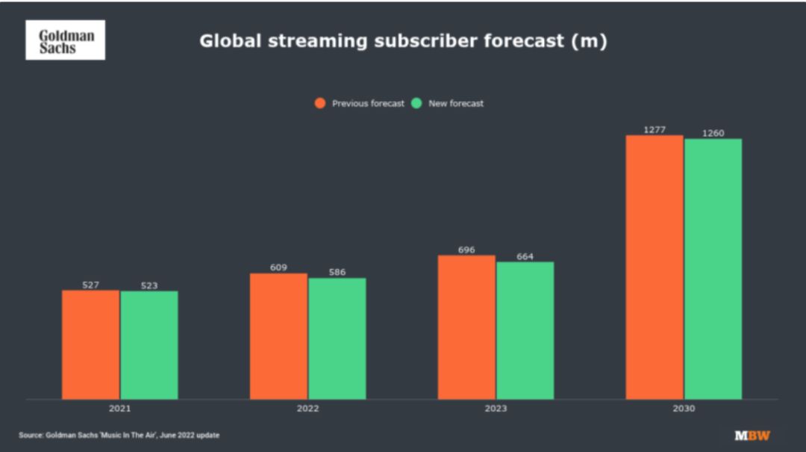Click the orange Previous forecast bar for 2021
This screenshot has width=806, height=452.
90,344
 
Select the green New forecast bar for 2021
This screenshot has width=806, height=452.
149,345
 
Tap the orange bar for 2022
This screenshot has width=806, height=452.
278,336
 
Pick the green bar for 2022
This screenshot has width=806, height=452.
337,338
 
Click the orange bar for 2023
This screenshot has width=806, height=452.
466,327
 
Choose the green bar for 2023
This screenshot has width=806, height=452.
525,330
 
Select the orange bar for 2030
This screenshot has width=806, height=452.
655,267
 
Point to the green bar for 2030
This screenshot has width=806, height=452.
713,269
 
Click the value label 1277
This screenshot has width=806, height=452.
655,130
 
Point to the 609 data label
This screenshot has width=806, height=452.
278,267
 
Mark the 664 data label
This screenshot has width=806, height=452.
525,256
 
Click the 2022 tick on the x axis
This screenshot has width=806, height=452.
307,409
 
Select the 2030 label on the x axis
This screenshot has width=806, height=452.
684,409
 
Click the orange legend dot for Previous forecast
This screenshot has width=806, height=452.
320,103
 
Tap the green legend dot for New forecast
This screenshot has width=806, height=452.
417,103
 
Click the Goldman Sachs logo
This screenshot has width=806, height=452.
66,40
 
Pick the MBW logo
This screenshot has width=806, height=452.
752,435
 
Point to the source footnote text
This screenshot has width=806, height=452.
119,435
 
